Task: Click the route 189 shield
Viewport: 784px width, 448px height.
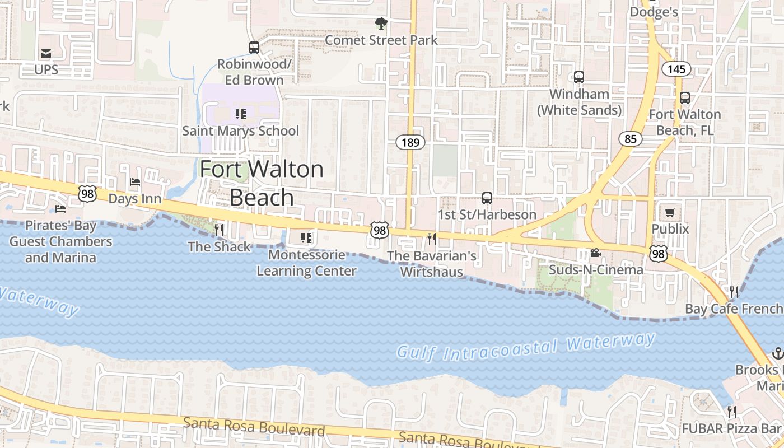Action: pos(410,142)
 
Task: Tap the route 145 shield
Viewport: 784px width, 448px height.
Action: pos(676,69)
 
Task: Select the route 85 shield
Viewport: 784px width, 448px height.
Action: pos(631,138)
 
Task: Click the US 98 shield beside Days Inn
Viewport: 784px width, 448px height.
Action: pos(87,194)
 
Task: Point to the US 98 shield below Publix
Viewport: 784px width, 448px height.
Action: pos(658,254)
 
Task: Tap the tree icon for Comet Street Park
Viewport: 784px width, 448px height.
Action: pos(381,24)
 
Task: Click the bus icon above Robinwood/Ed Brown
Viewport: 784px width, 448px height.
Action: pos(254,47)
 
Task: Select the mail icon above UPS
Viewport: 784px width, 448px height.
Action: pos(46,54)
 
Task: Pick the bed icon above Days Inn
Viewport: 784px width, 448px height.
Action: pos(135,182)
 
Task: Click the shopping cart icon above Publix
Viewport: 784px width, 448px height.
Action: pos(670,212)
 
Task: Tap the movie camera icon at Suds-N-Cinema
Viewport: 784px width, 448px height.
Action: pos(595,253)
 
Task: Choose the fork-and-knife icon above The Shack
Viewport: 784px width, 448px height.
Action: pos(219,230)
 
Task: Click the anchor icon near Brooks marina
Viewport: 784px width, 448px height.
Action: pos(777,353)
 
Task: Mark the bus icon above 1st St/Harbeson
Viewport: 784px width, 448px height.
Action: pos(487,198)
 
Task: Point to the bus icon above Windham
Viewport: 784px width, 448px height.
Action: pos(579,77)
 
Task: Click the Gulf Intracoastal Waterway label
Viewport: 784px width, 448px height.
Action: pos(525,347)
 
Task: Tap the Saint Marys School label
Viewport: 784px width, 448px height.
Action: pos(241,131)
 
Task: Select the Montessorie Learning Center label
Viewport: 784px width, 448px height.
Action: pos(306,263)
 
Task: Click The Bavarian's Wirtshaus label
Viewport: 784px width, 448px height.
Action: pos(432,264)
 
